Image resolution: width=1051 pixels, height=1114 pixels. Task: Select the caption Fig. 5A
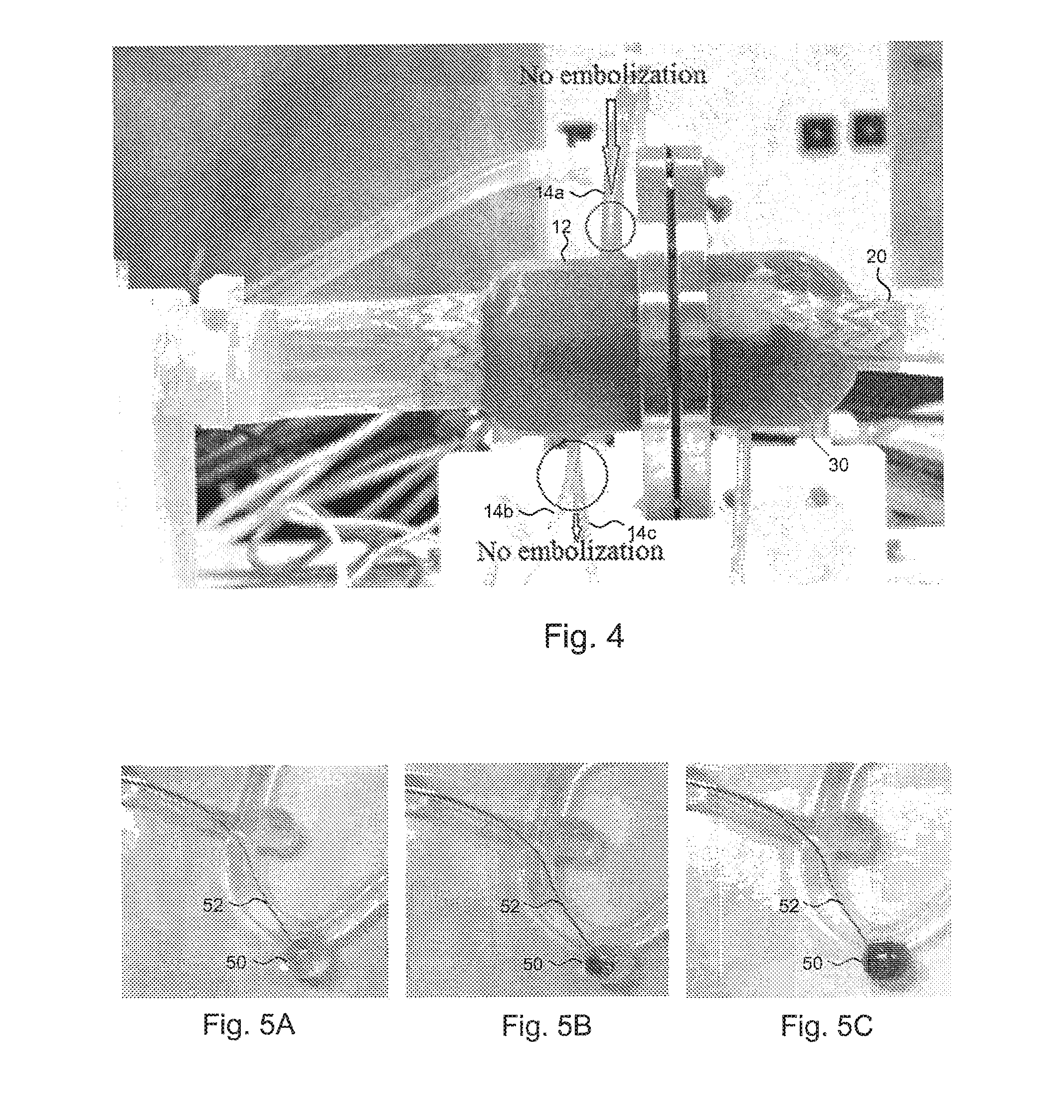[248, 1025]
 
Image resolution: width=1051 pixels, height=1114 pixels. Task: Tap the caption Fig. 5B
[546, 1026]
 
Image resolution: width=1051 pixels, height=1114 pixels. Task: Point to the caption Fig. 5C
[827, 1026]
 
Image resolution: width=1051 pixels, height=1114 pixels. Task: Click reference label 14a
[549, 194]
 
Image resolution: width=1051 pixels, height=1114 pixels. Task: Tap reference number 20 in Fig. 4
[876, 257]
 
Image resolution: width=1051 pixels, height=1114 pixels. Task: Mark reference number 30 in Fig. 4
[839, 464]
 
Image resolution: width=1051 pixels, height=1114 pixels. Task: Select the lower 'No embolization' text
[570, 551]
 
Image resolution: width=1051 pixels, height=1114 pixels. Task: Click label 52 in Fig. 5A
[213, 905]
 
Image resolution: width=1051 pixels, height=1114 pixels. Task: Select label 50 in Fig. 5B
[532, 964]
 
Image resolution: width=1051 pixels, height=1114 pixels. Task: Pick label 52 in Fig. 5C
[789, 905]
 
